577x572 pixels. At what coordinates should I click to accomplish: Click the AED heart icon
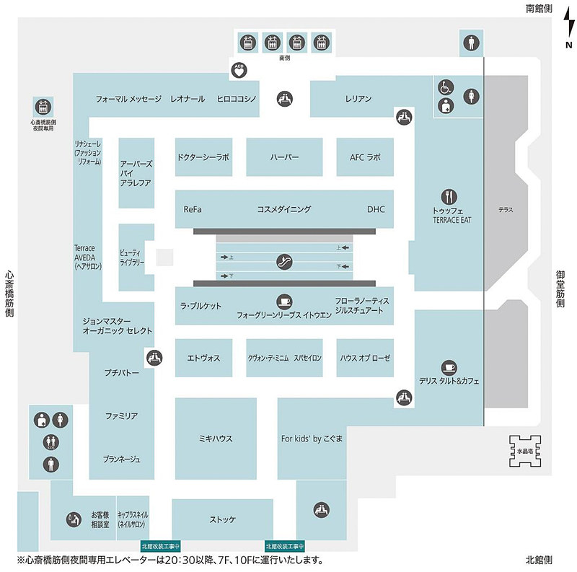point(239,71)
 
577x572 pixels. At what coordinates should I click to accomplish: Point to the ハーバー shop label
point(285,157)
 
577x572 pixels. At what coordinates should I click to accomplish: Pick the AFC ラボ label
point(364,157)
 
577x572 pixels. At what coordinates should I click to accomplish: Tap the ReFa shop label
point(193,209)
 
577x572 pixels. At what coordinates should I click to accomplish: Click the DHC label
point(376,209)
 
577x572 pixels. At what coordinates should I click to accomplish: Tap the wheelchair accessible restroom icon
point(446,88)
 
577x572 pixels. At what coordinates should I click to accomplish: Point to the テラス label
point(506,209)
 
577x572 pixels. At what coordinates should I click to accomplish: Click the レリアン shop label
point(358,99)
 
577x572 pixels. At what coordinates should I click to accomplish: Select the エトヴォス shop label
point(203,358)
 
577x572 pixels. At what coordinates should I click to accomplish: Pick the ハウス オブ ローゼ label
point(365,358)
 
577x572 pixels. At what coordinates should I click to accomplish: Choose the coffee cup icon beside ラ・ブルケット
point(283,301)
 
